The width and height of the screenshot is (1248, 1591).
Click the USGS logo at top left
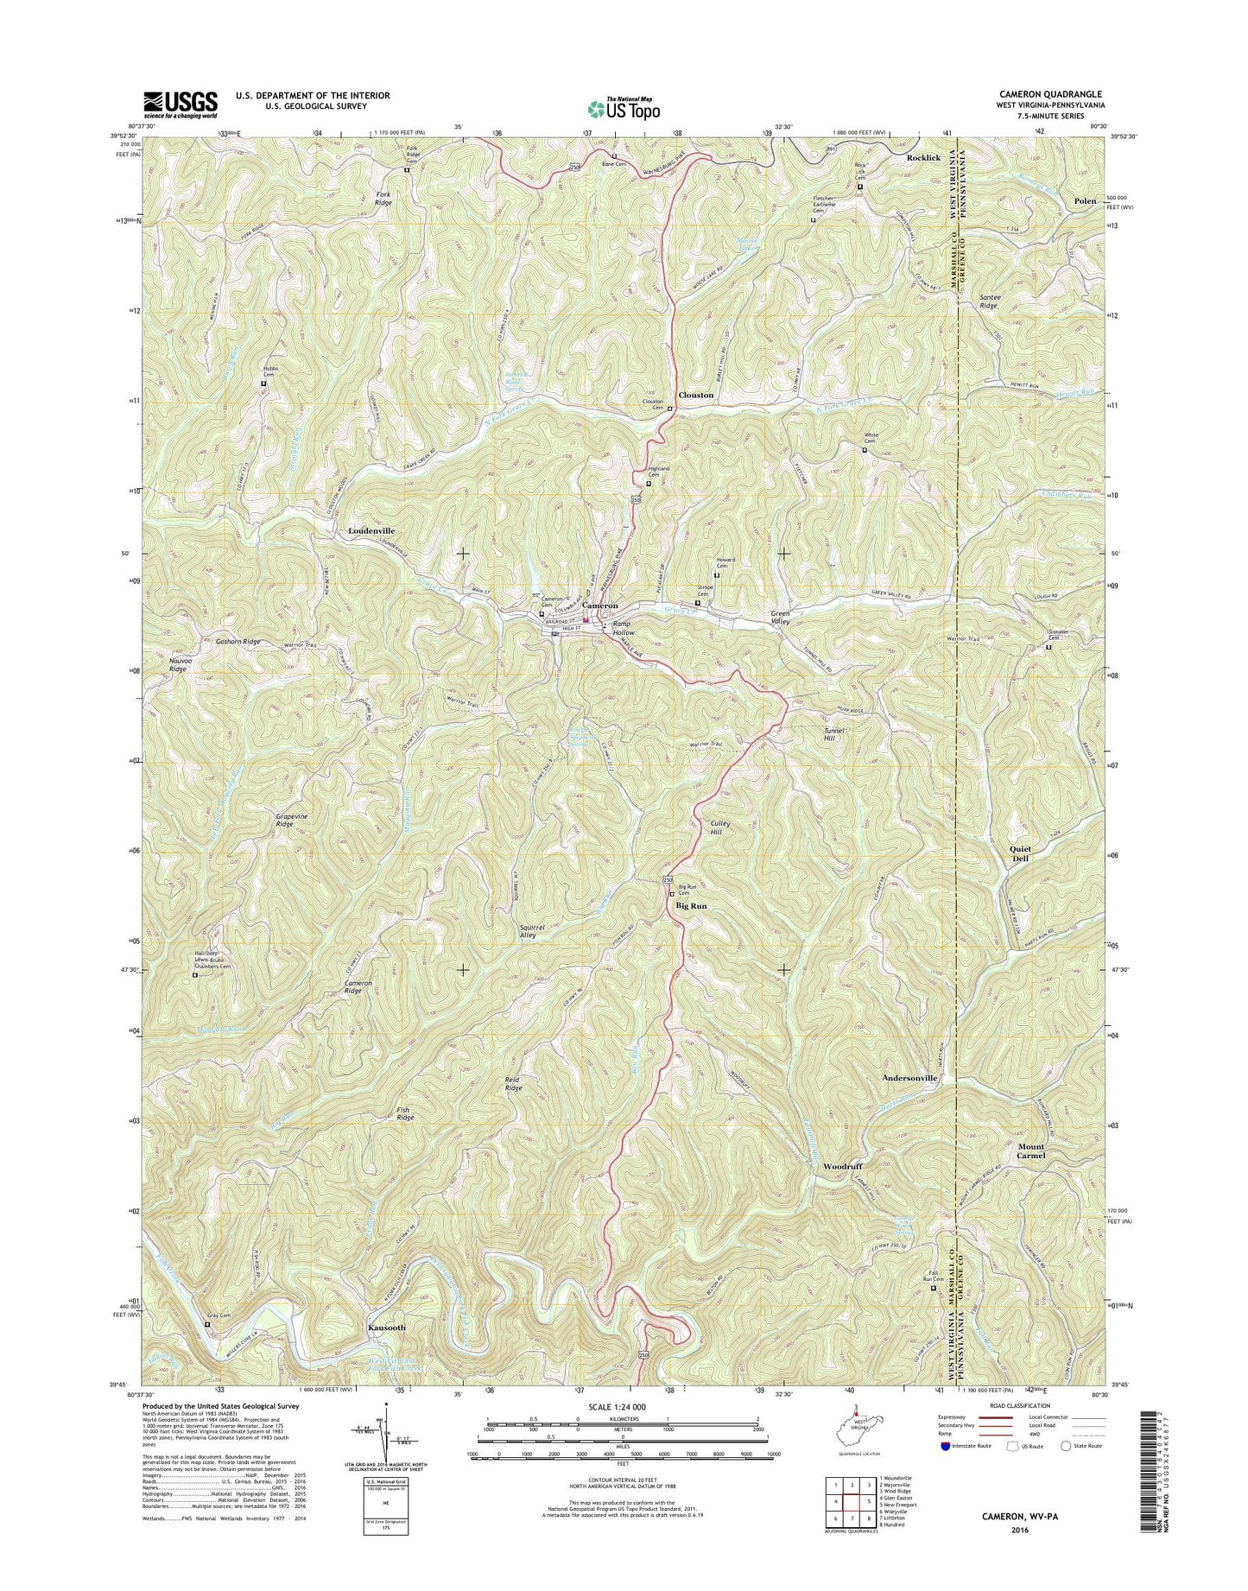181,105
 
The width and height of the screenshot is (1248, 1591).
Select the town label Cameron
599,606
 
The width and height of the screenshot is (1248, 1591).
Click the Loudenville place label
371,530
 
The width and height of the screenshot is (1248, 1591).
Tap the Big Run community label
691,906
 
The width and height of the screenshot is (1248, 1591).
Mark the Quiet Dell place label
1020,853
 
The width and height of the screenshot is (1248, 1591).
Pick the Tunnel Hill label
833,734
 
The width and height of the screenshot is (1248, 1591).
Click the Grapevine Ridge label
273,820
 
